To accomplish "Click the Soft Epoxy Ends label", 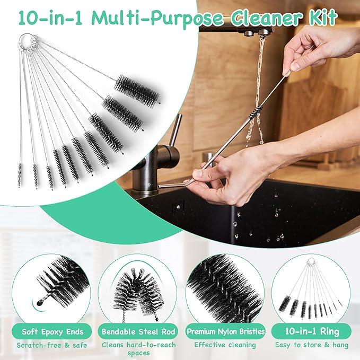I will point(52,332).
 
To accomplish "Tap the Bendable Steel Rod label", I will point(137,332).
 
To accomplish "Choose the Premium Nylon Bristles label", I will point(225,332).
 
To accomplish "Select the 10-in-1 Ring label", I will point(311,332).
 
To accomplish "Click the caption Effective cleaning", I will point(225,345).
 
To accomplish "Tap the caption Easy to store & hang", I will point(311,345).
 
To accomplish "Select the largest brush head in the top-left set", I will point(136,90).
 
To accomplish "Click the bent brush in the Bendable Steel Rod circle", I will point(136,289).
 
